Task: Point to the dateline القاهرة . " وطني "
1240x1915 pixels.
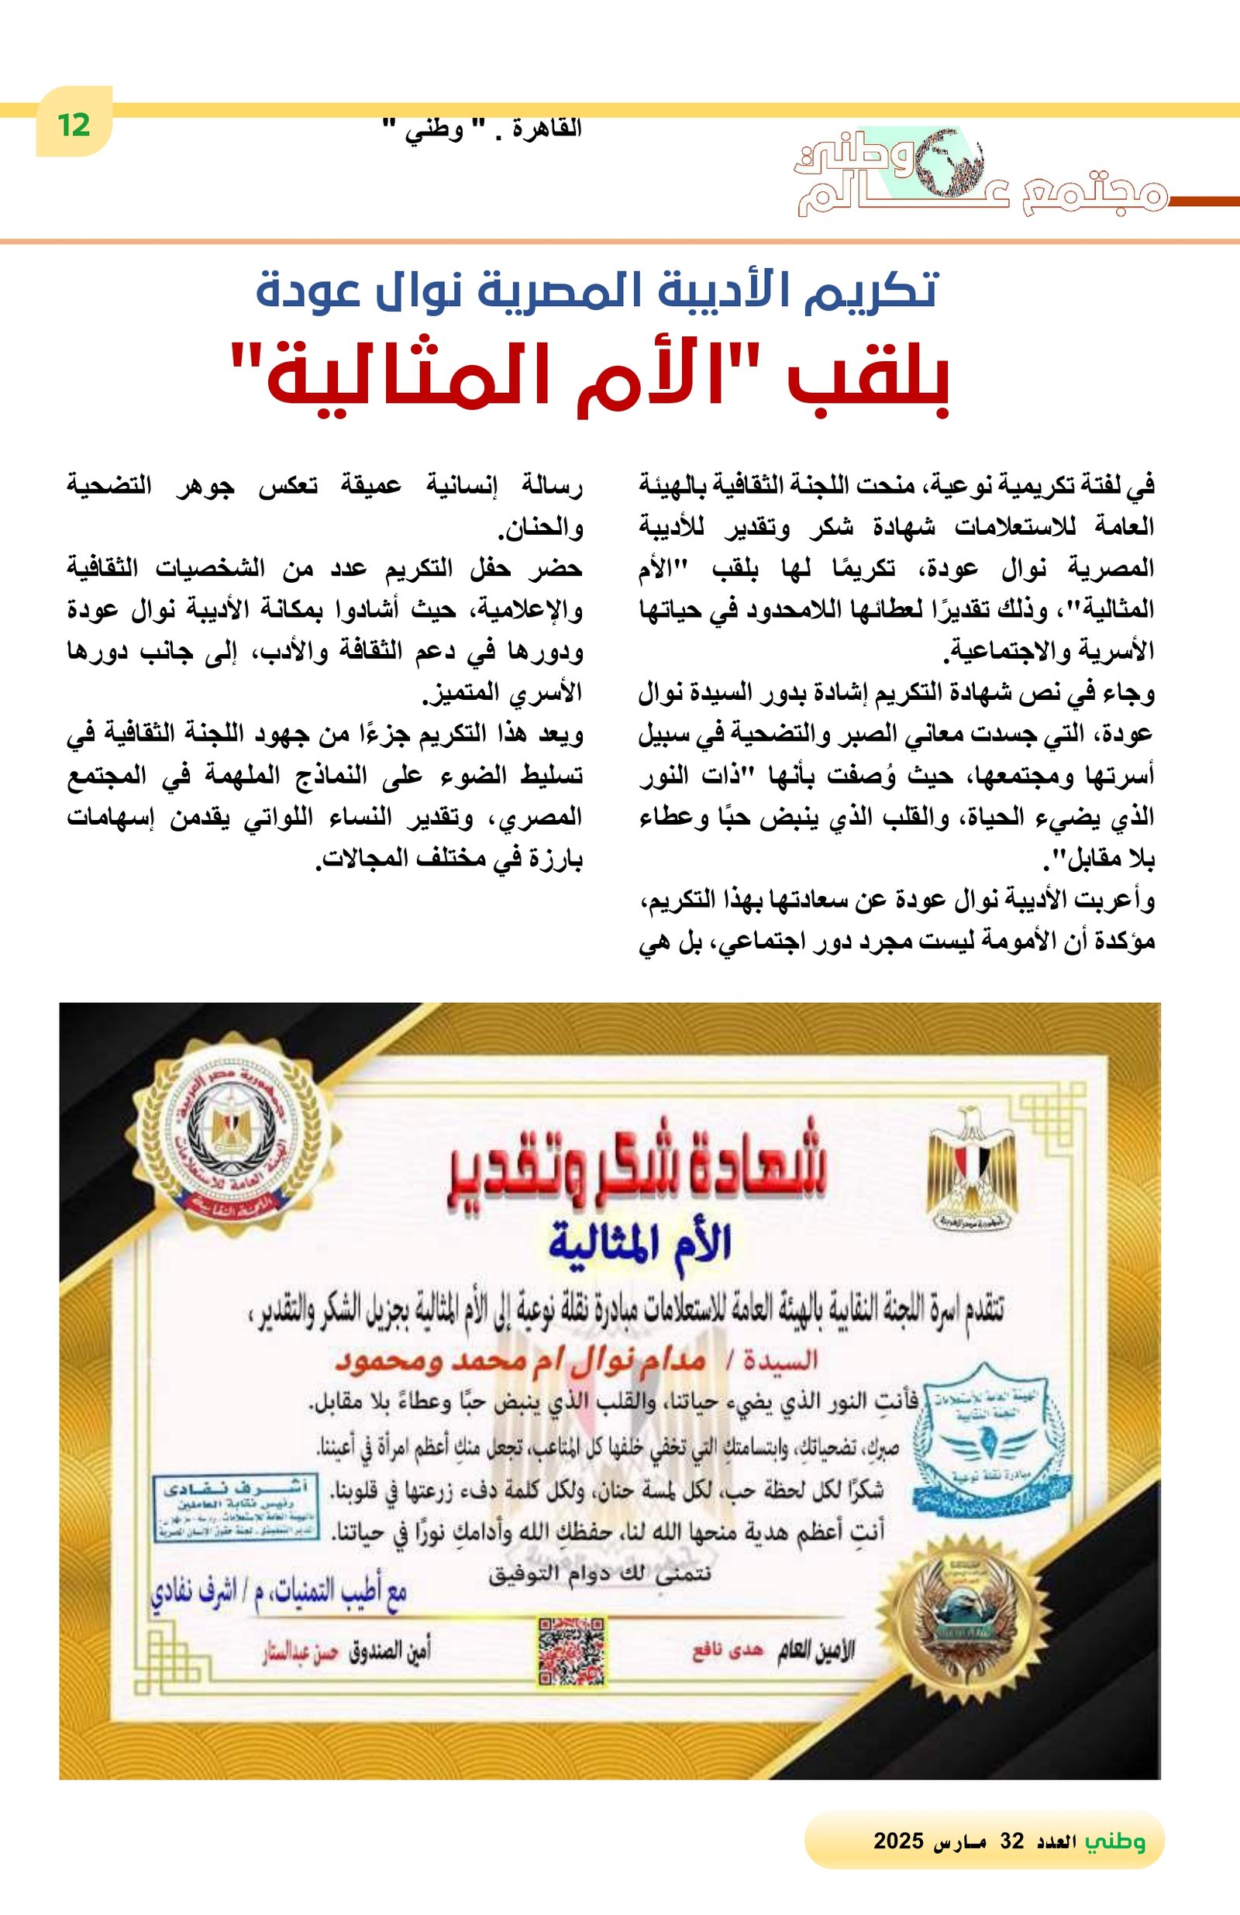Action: tap(480, 129)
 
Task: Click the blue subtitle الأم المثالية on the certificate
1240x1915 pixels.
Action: tap(639, 1244)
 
